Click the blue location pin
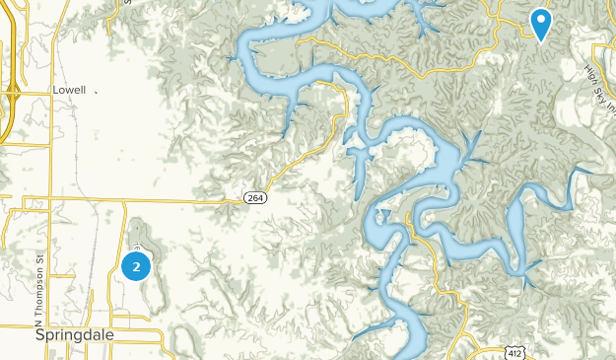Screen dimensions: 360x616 point(541,22)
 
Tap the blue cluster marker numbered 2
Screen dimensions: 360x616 point(136,265)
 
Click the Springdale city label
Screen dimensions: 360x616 point(75,335)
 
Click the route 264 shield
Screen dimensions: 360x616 point(254,198)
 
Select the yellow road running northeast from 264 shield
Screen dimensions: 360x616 point(296,158)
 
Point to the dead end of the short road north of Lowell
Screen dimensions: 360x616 point(128,5)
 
